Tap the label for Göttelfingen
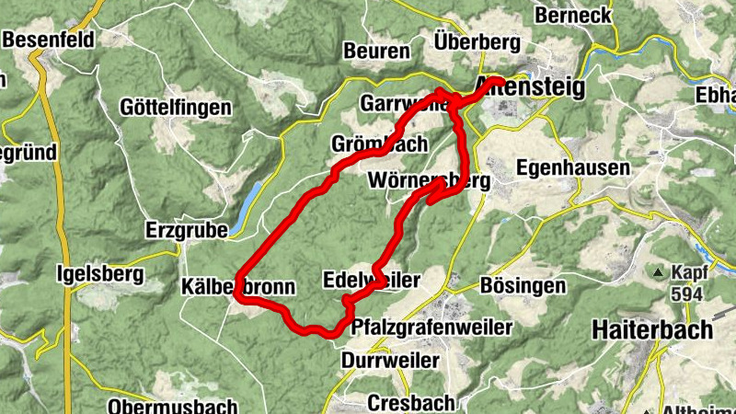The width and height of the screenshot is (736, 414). [x=175, y=108]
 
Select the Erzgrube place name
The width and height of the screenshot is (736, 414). [x=187, y=230]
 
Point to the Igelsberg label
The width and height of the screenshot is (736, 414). [x=100, y=273]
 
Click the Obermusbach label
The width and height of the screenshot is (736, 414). [x=172, y=406]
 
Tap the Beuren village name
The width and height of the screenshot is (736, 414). [x=377, y=52]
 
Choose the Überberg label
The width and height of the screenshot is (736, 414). [x=477, y=42]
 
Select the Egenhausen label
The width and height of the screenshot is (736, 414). [x=573, y=168]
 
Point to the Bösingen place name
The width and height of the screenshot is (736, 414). [x=523, y=286]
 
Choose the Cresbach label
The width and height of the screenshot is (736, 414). [x=410, y=402]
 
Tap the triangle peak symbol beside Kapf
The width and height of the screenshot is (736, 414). [x=659, y=272]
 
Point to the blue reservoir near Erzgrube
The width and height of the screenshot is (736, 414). [x=247, y=206]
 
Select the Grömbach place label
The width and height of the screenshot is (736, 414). [x=379, y=144]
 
